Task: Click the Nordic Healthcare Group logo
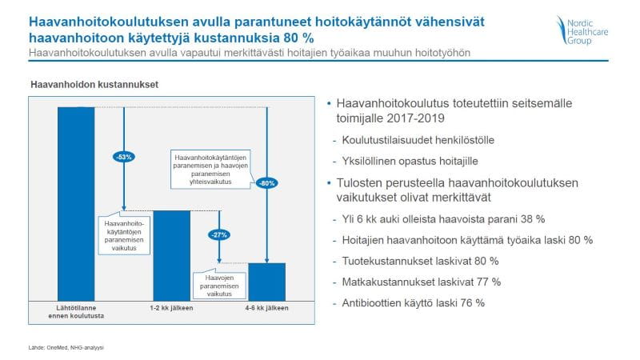[x=582, y=30]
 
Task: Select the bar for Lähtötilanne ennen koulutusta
[x=76, y=204]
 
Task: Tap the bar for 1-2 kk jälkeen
[x=171, y=256]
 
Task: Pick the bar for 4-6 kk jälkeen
[x=267, y=282]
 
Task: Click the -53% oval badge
[x=124, y=157]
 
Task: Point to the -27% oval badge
[x=219, y=234]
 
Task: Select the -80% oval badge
[x=267, y=183]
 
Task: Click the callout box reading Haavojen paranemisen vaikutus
[x=219, y=284]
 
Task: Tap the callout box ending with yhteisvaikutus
[x=210, y=170]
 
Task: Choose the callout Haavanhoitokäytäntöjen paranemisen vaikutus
[x=124, y=235]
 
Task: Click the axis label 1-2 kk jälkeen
[x=171, y=308]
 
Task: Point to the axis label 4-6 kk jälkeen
[x=267, y=308]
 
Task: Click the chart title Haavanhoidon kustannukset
[x=94, y=85]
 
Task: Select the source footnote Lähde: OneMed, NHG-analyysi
[x=66, y=348]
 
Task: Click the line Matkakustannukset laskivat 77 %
[x=422, y=282]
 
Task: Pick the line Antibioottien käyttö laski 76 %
[x=413, y=303]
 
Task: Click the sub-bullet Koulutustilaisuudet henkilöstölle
[x=418, y=141]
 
